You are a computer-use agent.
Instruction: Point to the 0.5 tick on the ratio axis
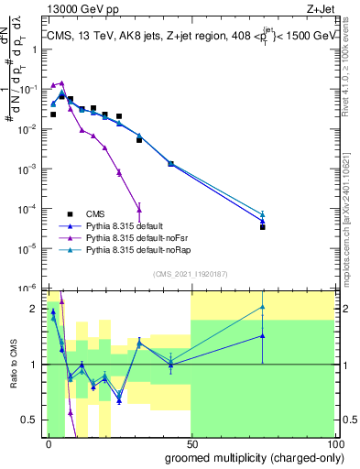pyautogui.click(x=31, y=420)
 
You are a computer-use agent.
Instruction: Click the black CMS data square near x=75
pyautogui.click(x=262, y=226)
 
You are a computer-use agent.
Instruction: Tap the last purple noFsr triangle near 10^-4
pyautogui.click(x=138, y=206)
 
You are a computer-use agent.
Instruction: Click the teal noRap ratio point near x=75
pyautogui.click(x=262, y=307)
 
